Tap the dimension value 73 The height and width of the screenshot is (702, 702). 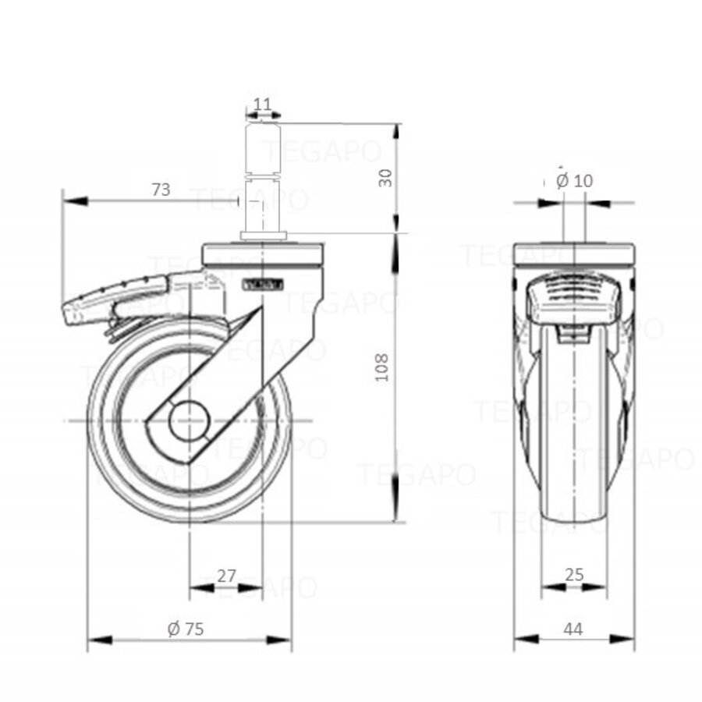(x=161, y=190)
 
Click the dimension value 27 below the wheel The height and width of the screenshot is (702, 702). (x=226, y=576)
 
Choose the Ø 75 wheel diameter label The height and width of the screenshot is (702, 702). (x=186, y=629)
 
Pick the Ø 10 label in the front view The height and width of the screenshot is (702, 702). (x=575, y=180)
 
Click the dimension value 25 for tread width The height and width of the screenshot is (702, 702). (x=574, y=576)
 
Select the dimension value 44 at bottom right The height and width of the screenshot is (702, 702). (x=574, y=629)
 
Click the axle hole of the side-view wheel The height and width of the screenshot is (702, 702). (x=190, y=421)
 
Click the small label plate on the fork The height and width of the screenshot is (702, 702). (x=263, y=284)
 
